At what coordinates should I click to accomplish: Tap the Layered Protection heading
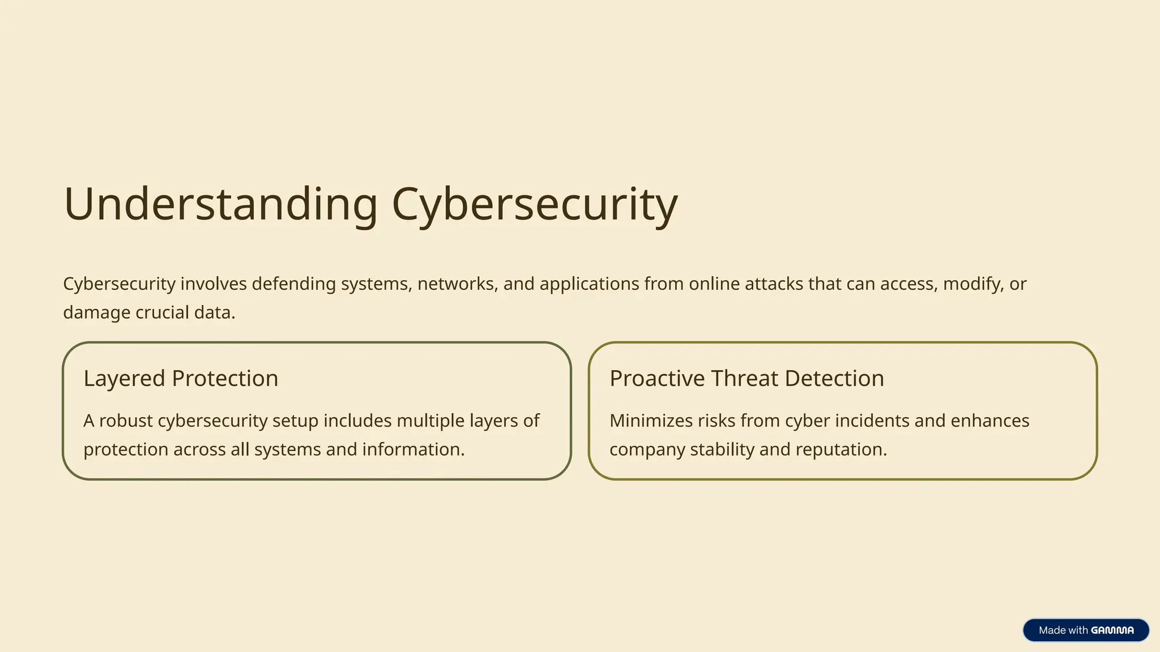[x=181, y=378]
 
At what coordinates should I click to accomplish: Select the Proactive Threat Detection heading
[x=747, y=378]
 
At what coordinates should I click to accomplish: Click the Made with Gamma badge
[x=1086, y=630]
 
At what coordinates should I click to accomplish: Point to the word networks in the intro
[x=457, y=284]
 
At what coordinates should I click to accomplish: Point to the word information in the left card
[x=413, y=449]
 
